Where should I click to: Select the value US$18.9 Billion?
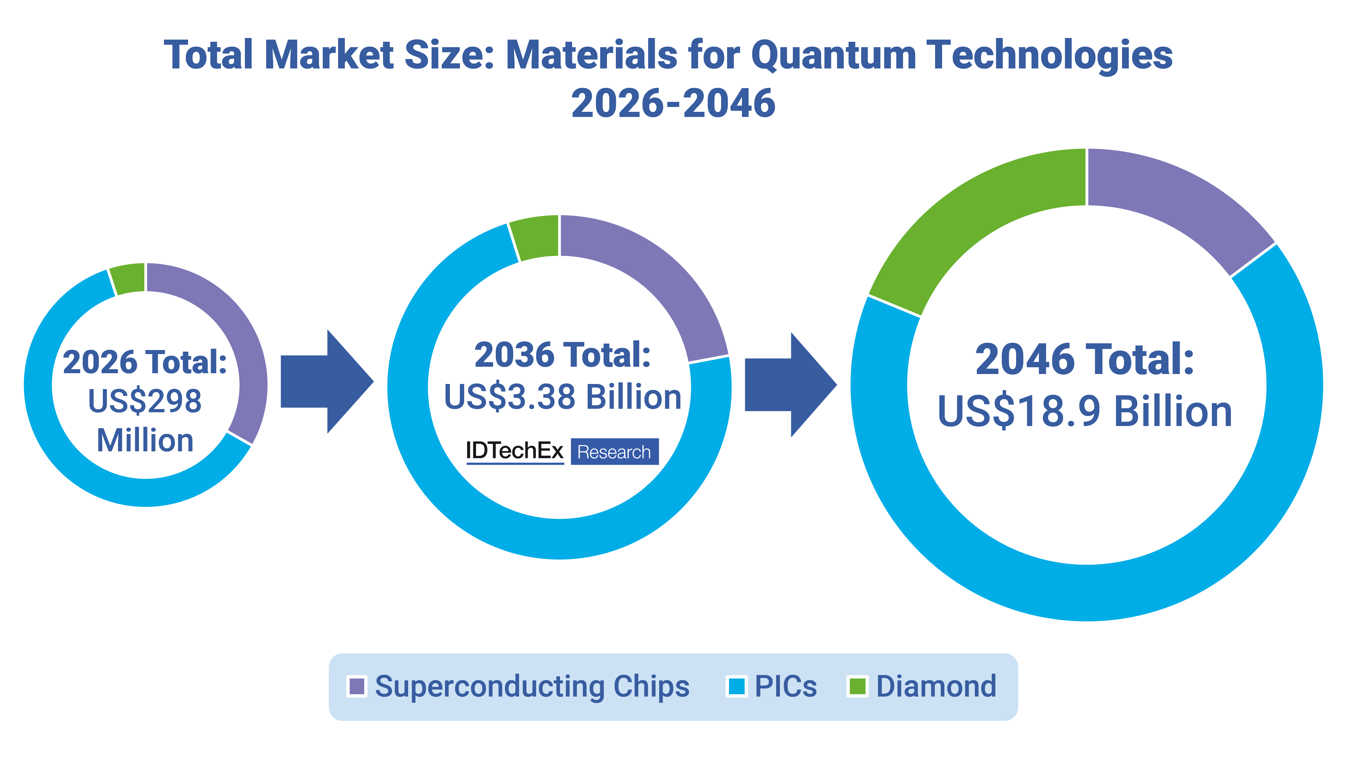[1085, 412]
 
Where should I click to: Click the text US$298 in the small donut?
[145, 401]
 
